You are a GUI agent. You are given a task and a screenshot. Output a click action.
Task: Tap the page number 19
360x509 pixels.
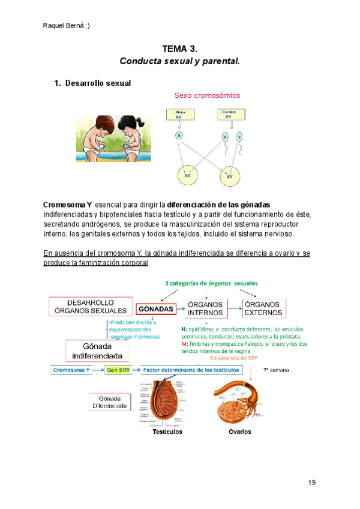point(311,483)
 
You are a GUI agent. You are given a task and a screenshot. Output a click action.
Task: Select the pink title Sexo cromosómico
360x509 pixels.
point(207,95)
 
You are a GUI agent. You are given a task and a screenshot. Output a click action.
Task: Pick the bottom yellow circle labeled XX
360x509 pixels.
point(187,175)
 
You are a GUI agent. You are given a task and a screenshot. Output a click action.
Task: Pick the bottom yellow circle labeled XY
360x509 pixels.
point(229,176)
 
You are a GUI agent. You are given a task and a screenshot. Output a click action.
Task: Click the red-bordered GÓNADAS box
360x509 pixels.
point(156,309)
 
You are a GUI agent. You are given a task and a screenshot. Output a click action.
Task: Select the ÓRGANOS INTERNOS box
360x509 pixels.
point(205,309)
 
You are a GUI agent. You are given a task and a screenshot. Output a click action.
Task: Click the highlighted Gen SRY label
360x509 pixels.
point(116,370)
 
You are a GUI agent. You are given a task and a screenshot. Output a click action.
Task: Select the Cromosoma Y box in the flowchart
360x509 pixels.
point(71,370)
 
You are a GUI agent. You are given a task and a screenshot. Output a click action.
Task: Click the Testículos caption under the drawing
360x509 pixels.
point(167,432)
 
